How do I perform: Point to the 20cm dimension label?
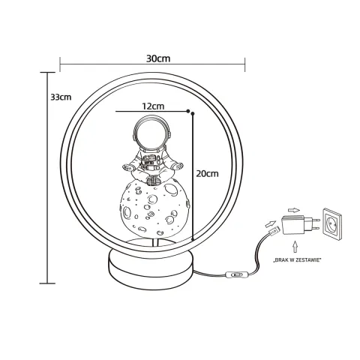click(207, 173)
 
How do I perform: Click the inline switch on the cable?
click(236, 276)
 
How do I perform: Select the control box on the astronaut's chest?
click(151, 160)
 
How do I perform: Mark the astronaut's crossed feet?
click(153, 177)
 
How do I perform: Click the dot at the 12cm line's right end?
click(193, 114)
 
